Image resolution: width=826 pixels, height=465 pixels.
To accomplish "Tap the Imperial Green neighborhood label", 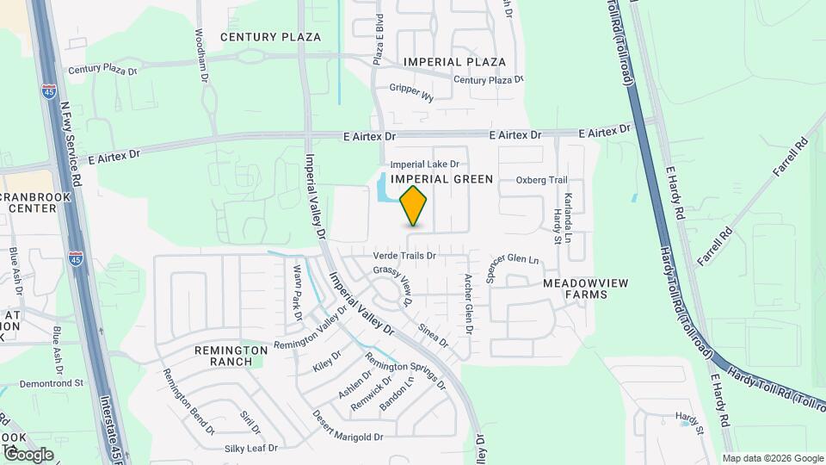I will [441, 179].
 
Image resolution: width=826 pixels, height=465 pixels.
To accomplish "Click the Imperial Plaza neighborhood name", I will [455, 62].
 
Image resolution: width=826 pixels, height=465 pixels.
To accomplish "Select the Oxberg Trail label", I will [542, 180].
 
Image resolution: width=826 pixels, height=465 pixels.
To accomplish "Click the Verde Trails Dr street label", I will [405, 256].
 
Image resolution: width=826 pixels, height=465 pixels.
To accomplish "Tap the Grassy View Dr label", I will [394, 284].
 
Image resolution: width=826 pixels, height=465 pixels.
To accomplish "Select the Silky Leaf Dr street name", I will [251, 448].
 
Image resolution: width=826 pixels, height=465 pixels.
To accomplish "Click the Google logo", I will [28, 454].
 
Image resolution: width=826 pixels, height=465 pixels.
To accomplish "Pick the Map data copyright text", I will [773, 458].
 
